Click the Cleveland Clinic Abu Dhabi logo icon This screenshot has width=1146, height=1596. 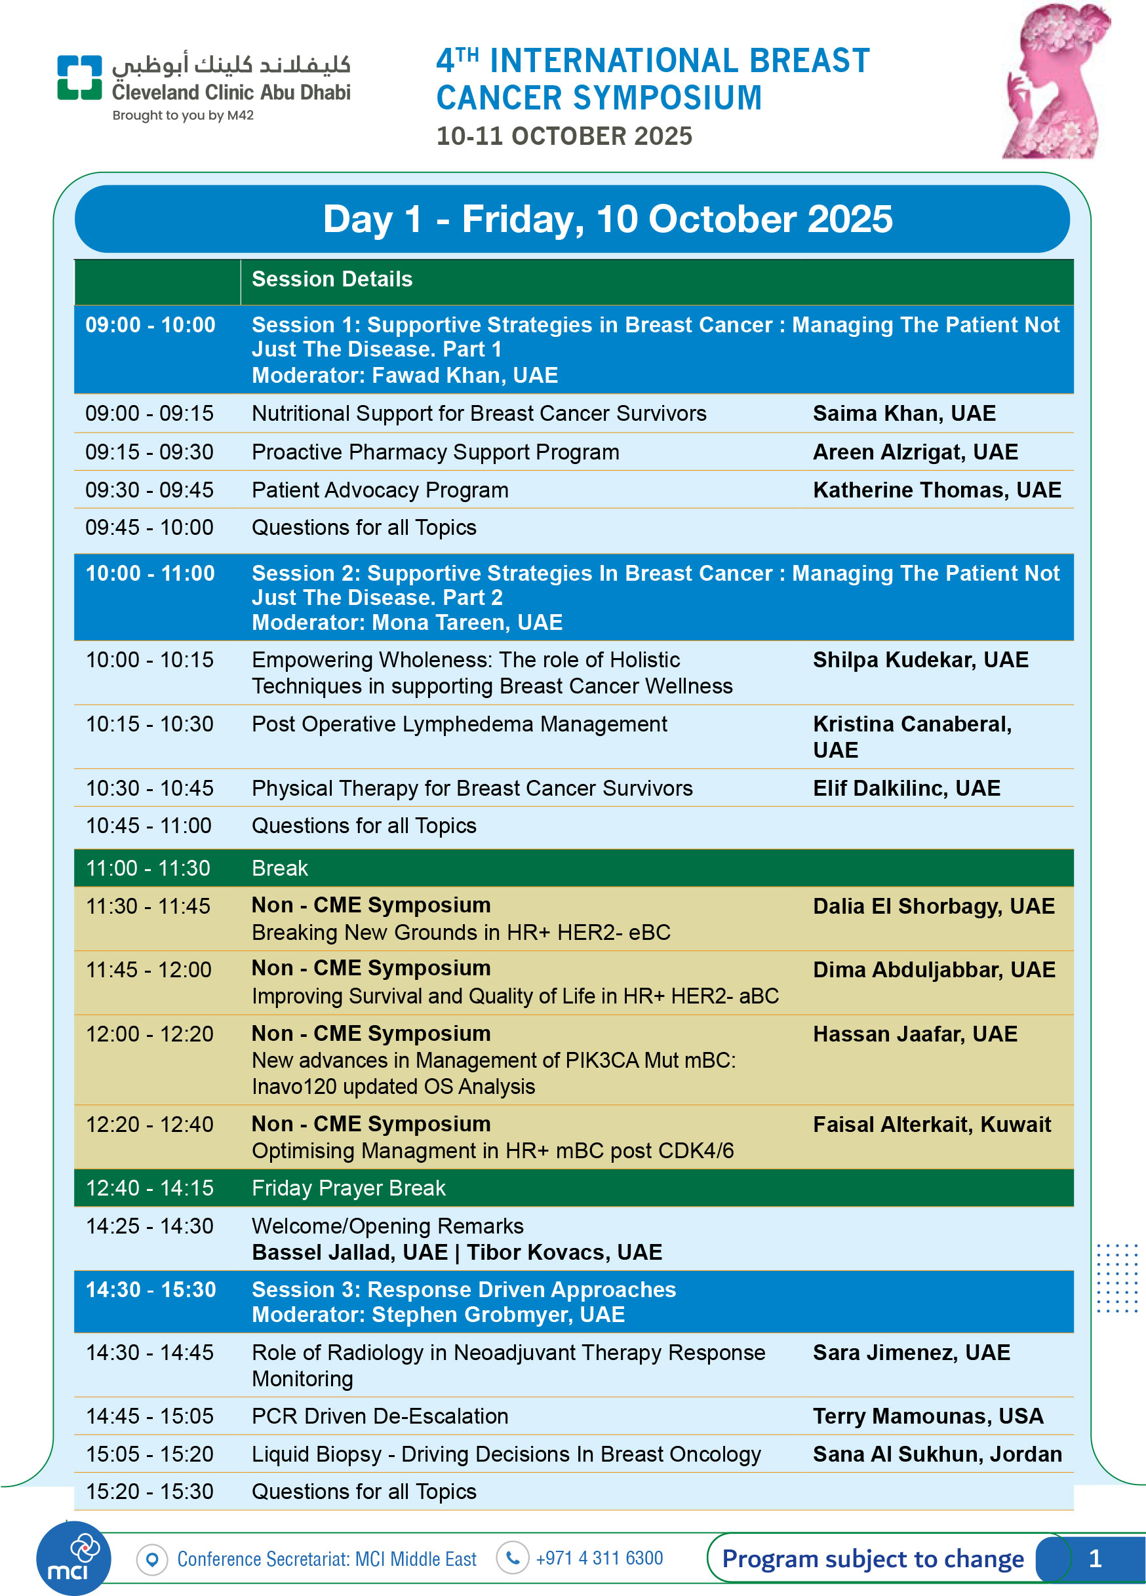pos(79,77)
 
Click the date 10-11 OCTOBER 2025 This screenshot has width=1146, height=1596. pos(564,136)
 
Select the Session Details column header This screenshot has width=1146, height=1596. pos(332,279)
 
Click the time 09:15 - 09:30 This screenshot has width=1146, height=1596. pos(149,452)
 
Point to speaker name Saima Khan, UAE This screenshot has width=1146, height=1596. pos(904,413)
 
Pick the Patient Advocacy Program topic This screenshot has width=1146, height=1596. pos(380,490)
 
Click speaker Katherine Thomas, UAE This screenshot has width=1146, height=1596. pos(936,490)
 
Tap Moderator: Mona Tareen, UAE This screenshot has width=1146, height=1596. pos(407,623)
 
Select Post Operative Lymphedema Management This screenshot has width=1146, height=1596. pos(459,724)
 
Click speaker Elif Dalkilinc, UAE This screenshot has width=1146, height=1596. pos(906,788)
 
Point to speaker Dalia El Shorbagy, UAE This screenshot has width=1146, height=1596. pos(934,906)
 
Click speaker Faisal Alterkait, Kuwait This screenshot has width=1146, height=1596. pos(932,1125)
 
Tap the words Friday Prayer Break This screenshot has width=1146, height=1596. pos(348,1188)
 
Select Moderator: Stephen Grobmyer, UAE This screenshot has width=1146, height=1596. pos(438,1315)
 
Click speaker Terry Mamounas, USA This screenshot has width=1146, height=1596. pos(928,1416)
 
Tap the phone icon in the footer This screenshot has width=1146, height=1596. pos(513,1558)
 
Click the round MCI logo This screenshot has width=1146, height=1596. pos(73,1558)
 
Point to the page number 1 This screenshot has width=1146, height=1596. pos(1095,1558)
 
